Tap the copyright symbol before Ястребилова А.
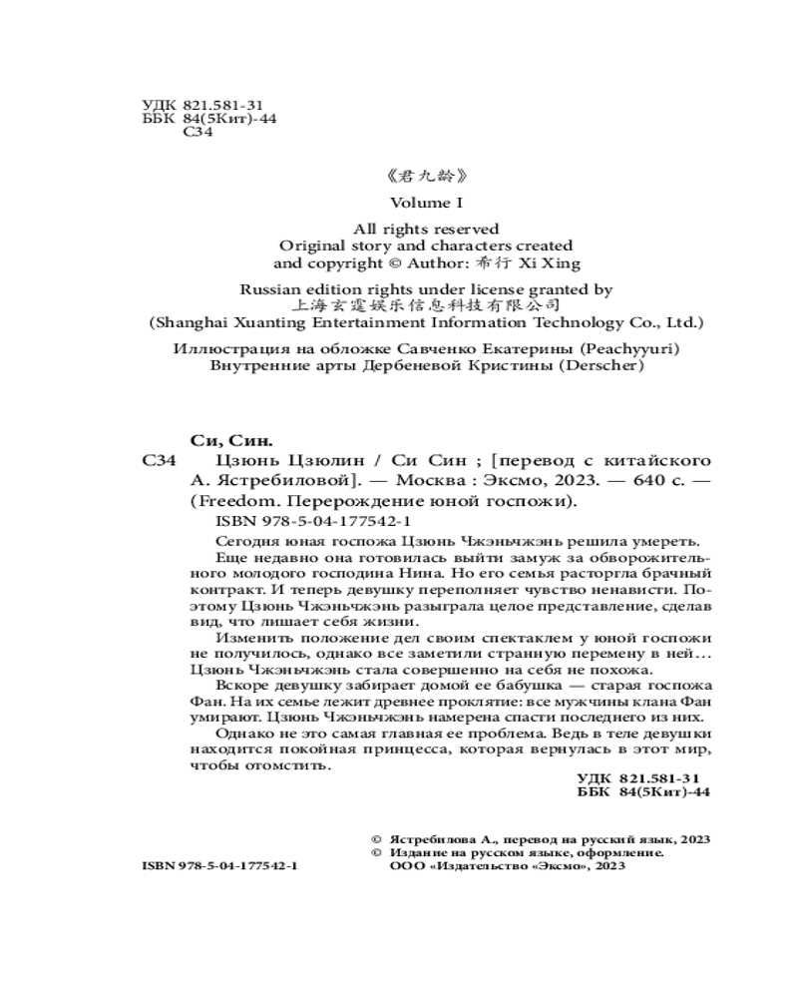[x=376, y=840]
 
